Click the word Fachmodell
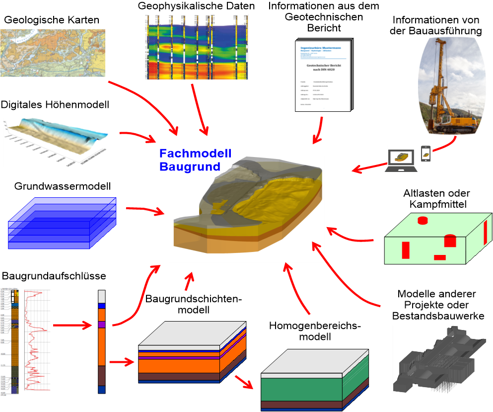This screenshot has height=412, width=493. pos(195,154)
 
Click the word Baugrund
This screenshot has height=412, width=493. pos(189,166)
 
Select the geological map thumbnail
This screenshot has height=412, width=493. pos(53,53)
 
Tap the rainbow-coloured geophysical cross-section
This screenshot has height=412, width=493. pos(197,47)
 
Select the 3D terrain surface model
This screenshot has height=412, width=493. pos(56,142)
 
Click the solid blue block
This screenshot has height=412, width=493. pos(62,223)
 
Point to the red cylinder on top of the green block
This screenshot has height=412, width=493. pos(423,220)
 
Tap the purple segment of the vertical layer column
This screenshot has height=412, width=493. pos(102,325)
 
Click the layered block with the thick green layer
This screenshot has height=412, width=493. pos(314,379)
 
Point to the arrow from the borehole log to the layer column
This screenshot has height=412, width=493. pos(72,326)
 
